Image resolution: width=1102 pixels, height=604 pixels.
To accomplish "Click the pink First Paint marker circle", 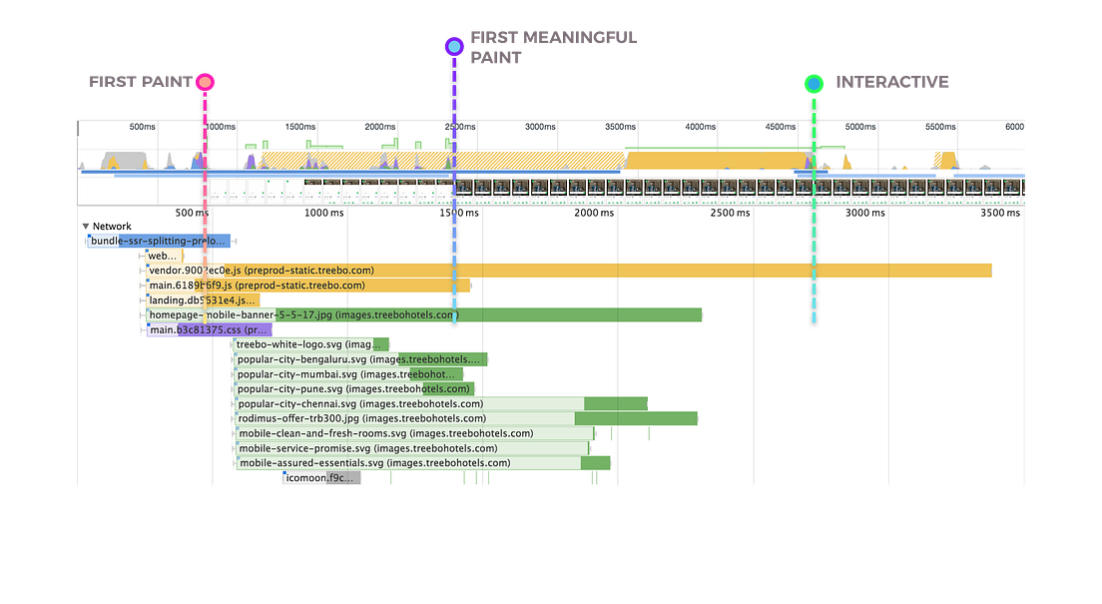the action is pos(205,82).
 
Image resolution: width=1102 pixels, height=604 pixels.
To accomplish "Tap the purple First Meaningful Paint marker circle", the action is pos(454,46).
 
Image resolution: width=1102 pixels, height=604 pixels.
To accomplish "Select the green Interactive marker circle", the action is pos(815,83).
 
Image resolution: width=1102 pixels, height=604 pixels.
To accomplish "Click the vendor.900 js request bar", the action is pos(599,271).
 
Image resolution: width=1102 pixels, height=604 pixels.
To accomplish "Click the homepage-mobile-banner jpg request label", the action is pos(240,315).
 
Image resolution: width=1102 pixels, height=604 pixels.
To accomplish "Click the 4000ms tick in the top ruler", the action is pos(699,127).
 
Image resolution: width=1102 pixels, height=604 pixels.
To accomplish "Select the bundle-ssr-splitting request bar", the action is pos(160,241).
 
